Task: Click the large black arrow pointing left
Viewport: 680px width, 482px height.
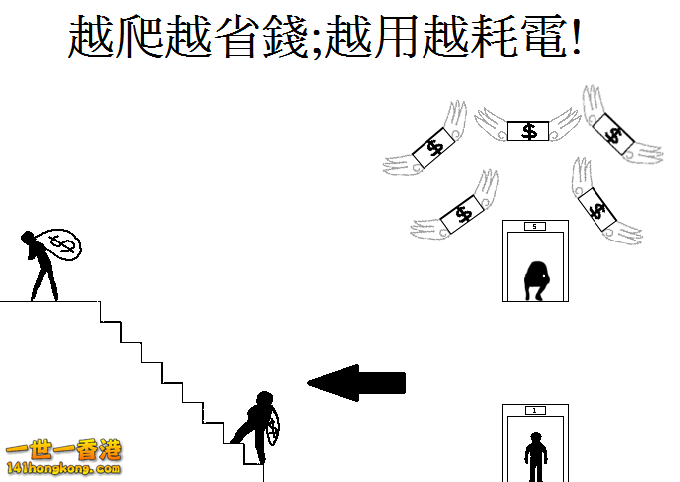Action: pyautogui.click(x=357, y=383)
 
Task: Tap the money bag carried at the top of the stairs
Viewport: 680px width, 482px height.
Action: pyautogui.click(x=62, y=244)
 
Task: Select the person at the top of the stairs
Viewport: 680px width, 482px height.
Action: pyautogui.click(x=40, y=265)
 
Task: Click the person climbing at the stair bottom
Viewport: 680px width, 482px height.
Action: pyautogui.click(x=255, y=427)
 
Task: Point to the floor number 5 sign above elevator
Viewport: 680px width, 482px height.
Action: pyautogui.click(x=534, y=226)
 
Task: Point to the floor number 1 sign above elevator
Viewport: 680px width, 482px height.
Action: pyautogui.click(x=534, y=410)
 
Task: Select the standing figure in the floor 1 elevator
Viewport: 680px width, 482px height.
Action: pyautogui.click(x=536, y=457)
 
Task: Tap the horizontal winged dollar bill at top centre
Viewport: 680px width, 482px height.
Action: pyautogui.click(x=528, y=131)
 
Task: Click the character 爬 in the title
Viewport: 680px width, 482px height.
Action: pyautogui.click(x=139, y=37)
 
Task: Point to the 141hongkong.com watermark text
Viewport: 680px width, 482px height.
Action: pyautogui.click(x=64, y=468)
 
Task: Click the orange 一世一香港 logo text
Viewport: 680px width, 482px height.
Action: pyautogui.click(x=64, y=451)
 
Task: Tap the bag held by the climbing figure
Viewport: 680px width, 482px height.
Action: pyautogui.click(x=273, y=427)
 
